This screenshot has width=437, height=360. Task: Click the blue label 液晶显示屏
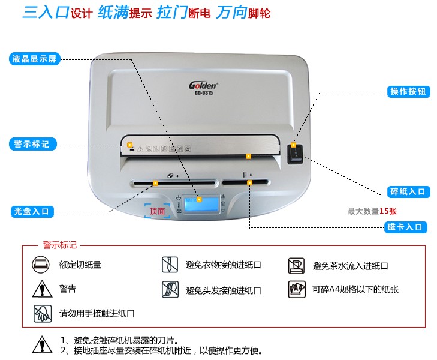point(35,59)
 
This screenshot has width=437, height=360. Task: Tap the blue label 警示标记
point(32,144)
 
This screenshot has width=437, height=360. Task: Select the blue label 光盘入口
point(32,211)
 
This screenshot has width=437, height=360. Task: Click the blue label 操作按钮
point(408,91)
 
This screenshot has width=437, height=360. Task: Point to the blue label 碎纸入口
point(408,192)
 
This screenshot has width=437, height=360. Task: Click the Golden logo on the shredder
point(203,85)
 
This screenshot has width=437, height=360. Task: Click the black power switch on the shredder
point(295,154)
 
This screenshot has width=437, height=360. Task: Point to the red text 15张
point(388,211)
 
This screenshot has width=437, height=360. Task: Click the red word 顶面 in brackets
point(157,211)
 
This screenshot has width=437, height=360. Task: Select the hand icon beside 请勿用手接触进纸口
point(43,313)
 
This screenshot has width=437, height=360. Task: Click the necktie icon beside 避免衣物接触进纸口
point(170,265)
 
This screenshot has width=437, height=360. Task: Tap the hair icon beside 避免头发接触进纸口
point(170,289)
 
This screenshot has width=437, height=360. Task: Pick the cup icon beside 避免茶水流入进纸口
point(296,265)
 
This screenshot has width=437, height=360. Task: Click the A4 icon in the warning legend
point(297,289)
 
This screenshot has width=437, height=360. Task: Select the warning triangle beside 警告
point(42,289)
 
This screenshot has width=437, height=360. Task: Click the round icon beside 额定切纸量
point(41,264)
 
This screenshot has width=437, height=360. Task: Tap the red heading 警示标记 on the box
point(59,245)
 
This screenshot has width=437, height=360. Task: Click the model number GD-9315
point(204,93)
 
